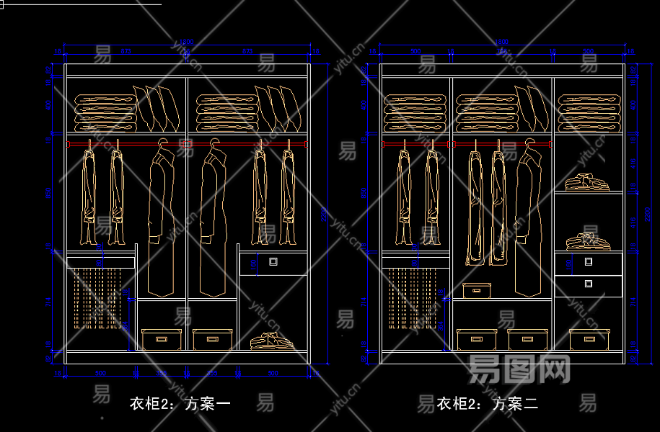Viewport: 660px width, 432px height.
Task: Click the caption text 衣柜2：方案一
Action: click(x=180, y=404)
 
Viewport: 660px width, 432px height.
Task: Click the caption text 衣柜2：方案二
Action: click(x=488, y=404)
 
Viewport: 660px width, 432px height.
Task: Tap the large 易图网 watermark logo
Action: click(x=519, y=369)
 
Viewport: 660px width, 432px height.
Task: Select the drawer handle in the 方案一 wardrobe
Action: click(x=273, y=262)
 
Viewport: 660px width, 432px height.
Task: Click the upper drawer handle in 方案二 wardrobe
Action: click(x=589, y=263)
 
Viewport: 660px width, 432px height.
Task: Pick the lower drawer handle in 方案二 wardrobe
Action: click(x=589, y=284)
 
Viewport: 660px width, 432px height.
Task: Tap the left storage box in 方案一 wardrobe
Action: click(x=161, y=339)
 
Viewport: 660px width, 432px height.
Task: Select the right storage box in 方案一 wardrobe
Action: click(x=212, y=339)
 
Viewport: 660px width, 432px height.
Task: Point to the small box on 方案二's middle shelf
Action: click(x=477, y=290)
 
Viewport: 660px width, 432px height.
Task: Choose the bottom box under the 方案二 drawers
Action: click(x=589, y=339)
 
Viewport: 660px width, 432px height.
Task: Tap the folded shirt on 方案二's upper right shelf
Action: click(x=586, y=181)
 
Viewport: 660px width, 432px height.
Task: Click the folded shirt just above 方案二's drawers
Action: click(x=586, y=240)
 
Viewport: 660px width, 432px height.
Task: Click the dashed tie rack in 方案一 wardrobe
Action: click(x=97, y=297)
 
